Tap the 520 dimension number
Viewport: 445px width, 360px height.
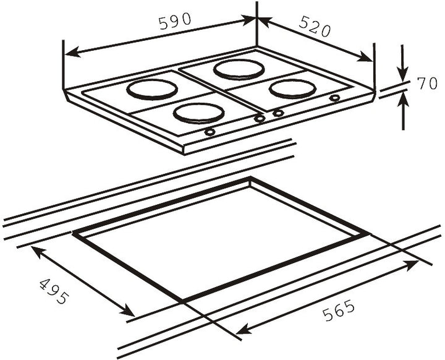click(x=315, y=27)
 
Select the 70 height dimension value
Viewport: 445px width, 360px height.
click(x=427, y=84)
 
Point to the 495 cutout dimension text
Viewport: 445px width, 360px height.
click(x=54, y=291)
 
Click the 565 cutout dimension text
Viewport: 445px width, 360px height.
click(x=339, y=311)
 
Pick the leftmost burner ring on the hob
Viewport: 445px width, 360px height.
click(x=152, y=90)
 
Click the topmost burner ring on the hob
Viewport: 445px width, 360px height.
click(x=239, y=70)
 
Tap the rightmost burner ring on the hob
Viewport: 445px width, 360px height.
click(x=292, y=89)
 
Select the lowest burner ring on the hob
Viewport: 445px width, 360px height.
click(x=198, y=113)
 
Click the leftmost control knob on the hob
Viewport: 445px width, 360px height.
click(x=210, y=132)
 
